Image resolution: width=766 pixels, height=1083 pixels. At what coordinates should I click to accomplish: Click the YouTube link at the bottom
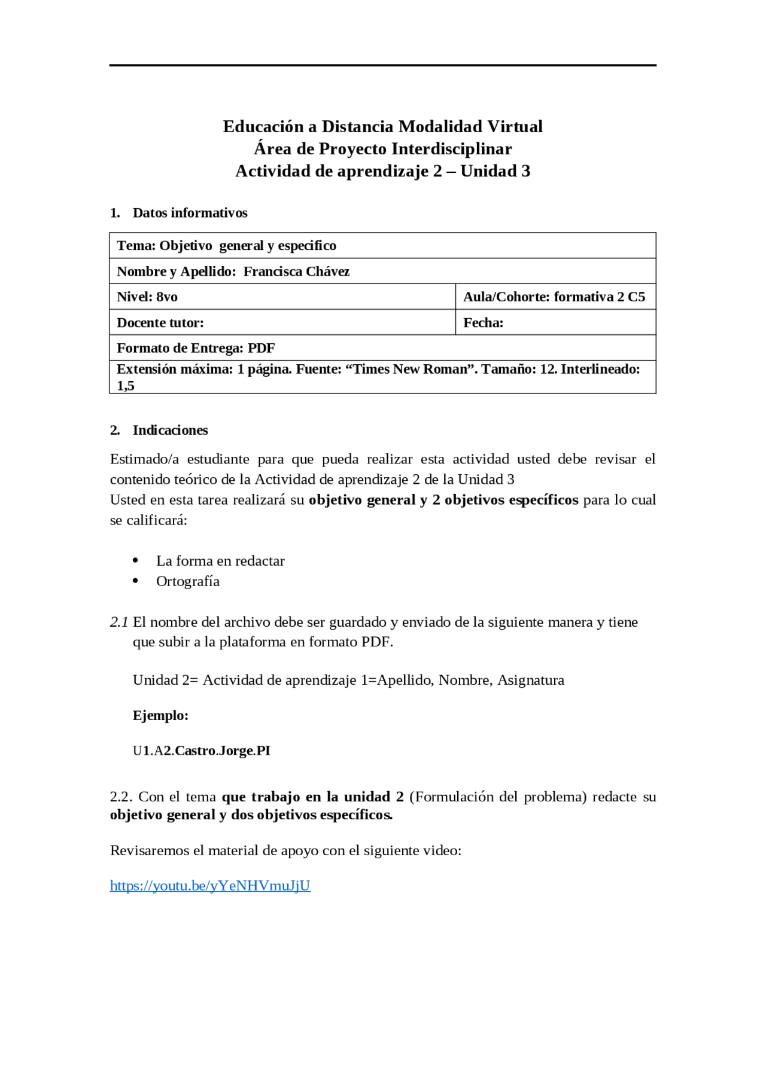tap(210, 886)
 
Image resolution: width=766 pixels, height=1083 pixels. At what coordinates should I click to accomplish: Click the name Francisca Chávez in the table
tap(296, 271)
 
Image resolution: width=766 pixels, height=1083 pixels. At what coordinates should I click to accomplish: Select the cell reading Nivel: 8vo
tap(147, 297)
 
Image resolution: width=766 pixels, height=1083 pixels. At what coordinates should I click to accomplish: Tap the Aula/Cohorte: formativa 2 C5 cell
tap(554, 297)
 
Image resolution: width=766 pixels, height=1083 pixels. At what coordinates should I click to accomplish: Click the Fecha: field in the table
tap(483, 323)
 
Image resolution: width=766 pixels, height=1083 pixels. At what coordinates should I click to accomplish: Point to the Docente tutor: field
tap(160, 323)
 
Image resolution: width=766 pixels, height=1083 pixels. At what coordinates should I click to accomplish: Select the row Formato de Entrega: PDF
tap(196, 348)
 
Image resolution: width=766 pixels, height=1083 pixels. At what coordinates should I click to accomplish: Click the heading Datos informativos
tap(190, 213)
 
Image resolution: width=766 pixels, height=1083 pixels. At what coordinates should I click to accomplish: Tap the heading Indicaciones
tap(170, 430)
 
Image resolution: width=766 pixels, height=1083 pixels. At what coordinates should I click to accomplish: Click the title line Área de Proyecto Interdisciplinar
tap(382, 149)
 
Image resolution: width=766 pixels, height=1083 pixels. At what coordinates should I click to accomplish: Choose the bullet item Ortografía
tap(188, 581)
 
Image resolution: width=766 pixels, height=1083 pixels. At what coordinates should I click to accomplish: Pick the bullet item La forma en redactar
tap(220, 561)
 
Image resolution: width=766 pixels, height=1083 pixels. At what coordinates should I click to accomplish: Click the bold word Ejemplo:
tap(160, 715)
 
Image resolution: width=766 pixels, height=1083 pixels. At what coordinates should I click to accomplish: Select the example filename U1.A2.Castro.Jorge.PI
tap(202, 751)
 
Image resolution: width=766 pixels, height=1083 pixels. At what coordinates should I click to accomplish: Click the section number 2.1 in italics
tap(119, 622)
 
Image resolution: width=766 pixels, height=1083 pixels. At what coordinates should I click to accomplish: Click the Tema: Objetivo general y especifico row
tap(226, 246)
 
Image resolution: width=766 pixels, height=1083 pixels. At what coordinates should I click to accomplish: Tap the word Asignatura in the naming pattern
tap(531, 680)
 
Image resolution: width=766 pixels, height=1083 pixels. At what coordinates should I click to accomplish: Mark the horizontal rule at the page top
tap(382, 65)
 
